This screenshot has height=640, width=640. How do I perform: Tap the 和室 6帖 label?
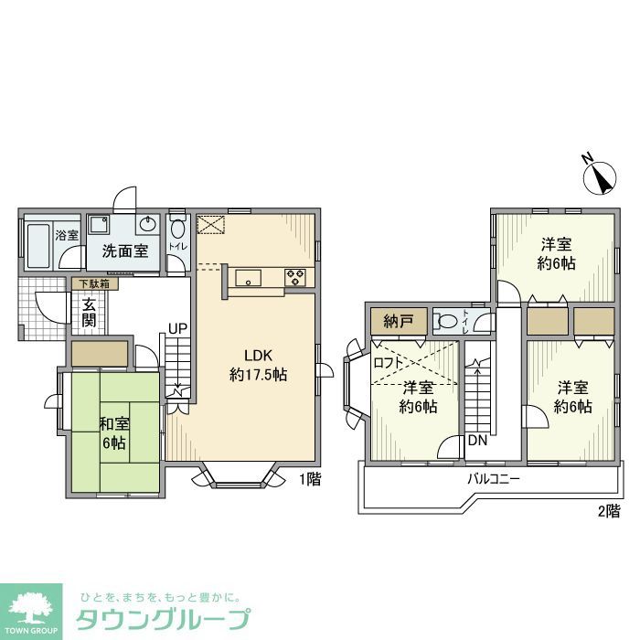tap(114, 432)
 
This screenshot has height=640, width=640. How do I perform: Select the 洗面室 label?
tap(124, 251)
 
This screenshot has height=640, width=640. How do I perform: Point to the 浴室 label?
tap(67, 236)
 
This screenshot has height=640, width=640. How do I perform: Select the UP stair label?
tap(177, 328)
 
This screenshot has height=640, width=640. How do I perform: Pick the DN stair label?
tap(476, 441)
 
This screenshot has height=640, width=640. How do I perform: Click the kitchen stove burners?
tap(294, 276)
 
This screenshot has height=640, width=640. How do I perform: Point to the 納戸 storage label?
tap(399, 320)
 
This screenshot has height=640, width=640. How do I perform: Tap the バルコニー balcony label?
tap(494, 478)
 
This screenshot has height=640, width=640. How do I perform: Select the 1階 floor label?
tap(309, 478)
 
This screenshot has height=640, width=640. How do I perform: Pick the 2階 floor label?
tap(609, 510)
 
